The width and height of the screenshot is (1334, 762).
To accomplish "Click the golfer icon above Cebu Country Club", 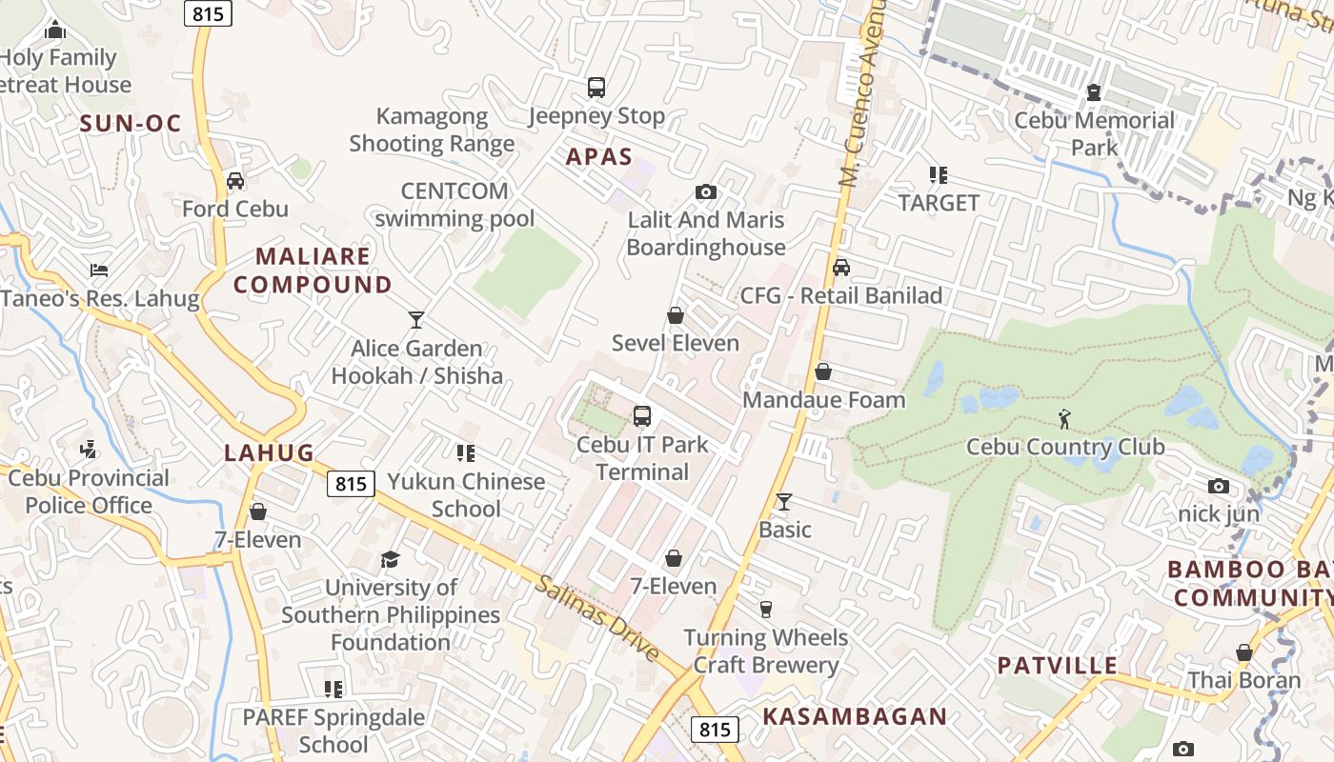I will coord(1064,418).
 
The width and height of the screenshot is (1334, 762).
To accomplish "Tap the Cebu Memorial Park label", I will coord(1094,133).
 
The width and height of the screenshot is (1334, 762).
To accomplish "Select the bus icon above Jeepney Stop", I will coord(596,88).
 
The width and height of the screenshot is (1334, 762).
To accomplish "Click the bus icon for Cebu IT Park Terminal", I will coord(642,416).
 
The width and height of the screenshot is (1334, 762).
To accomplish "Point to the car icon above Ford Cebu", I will coord(235,181).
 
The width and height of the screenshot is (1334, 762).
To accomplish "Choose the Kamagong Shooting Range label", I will coord(432,130).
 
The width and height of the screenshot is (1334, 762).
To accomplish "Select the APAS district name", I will coord(599,157).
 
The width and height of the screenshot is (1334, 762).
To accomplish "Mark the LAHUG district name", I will coord(269,453).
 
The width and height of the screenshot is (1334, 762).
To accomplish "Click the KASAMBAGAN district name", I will coord(855,716).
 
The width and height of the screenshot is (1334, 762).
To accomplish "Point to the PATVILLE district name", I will coord(1057,665).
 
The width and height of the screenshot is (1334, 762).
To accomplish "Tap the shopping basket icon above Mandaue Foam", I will coord(823,371).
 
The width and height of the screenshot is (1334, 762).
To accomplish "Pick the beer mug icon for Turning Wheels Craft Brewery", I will coord(765,610).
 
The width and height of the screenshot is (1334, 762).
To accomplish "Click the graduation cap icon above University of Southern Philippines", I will coord(391,559).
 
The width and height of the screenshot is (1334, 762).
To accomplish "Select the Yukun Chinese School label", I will coord(466,494).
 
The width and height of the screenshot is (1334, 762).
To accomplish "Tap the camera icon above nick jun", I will coord(1218,487).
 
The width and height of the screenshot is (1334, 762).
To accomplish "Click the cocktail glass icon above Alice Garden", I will coord(416,320).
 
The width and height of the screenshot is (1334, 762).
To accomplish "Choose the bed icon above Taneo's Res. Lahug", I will coord(99,271).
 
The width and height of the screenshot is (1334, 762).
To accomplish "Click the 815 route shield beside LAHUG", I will coord(351,484).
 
